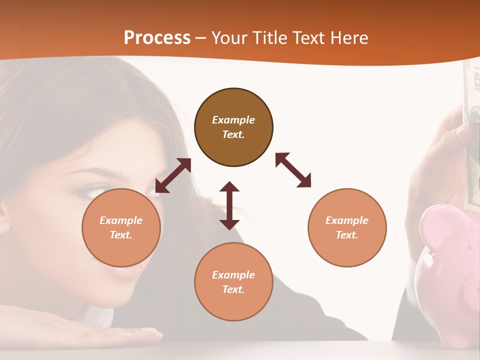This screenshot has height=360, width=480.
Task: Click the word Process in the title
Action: coord(157,37)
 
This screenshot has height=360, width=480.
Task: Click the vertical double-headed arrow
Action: coord(229,205)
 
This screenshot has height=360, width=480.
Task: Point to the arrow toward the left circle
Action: coord(173,175)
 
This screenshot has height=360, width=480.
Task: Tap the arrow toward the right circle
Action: coord(293,170)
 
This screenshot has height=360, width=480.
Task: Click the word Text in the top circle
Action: coord(233,134)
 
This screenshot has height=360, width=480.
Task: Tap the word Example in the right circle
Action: coord(347,220)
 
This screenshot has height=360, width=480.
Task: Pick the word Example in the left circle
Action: coord(121,220)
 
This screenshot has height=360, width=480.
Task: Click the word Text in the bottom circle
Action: coord(233,289)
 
